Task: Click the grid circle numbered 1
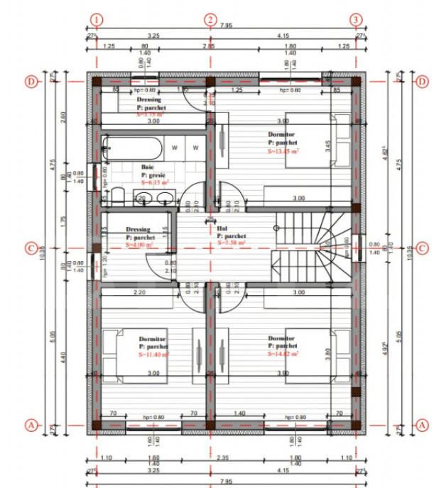[97, 19]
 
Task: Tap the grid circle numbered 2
[210, 19]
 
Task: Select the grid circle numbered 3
[355, 19]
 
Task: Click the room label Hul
[222, 228]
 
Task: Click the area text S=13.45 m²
[283, 150]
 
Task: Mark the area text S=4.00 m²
[139, 244]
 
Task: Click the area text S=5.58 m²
[232, 243]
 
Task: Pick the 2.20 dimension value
[139, 292]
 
